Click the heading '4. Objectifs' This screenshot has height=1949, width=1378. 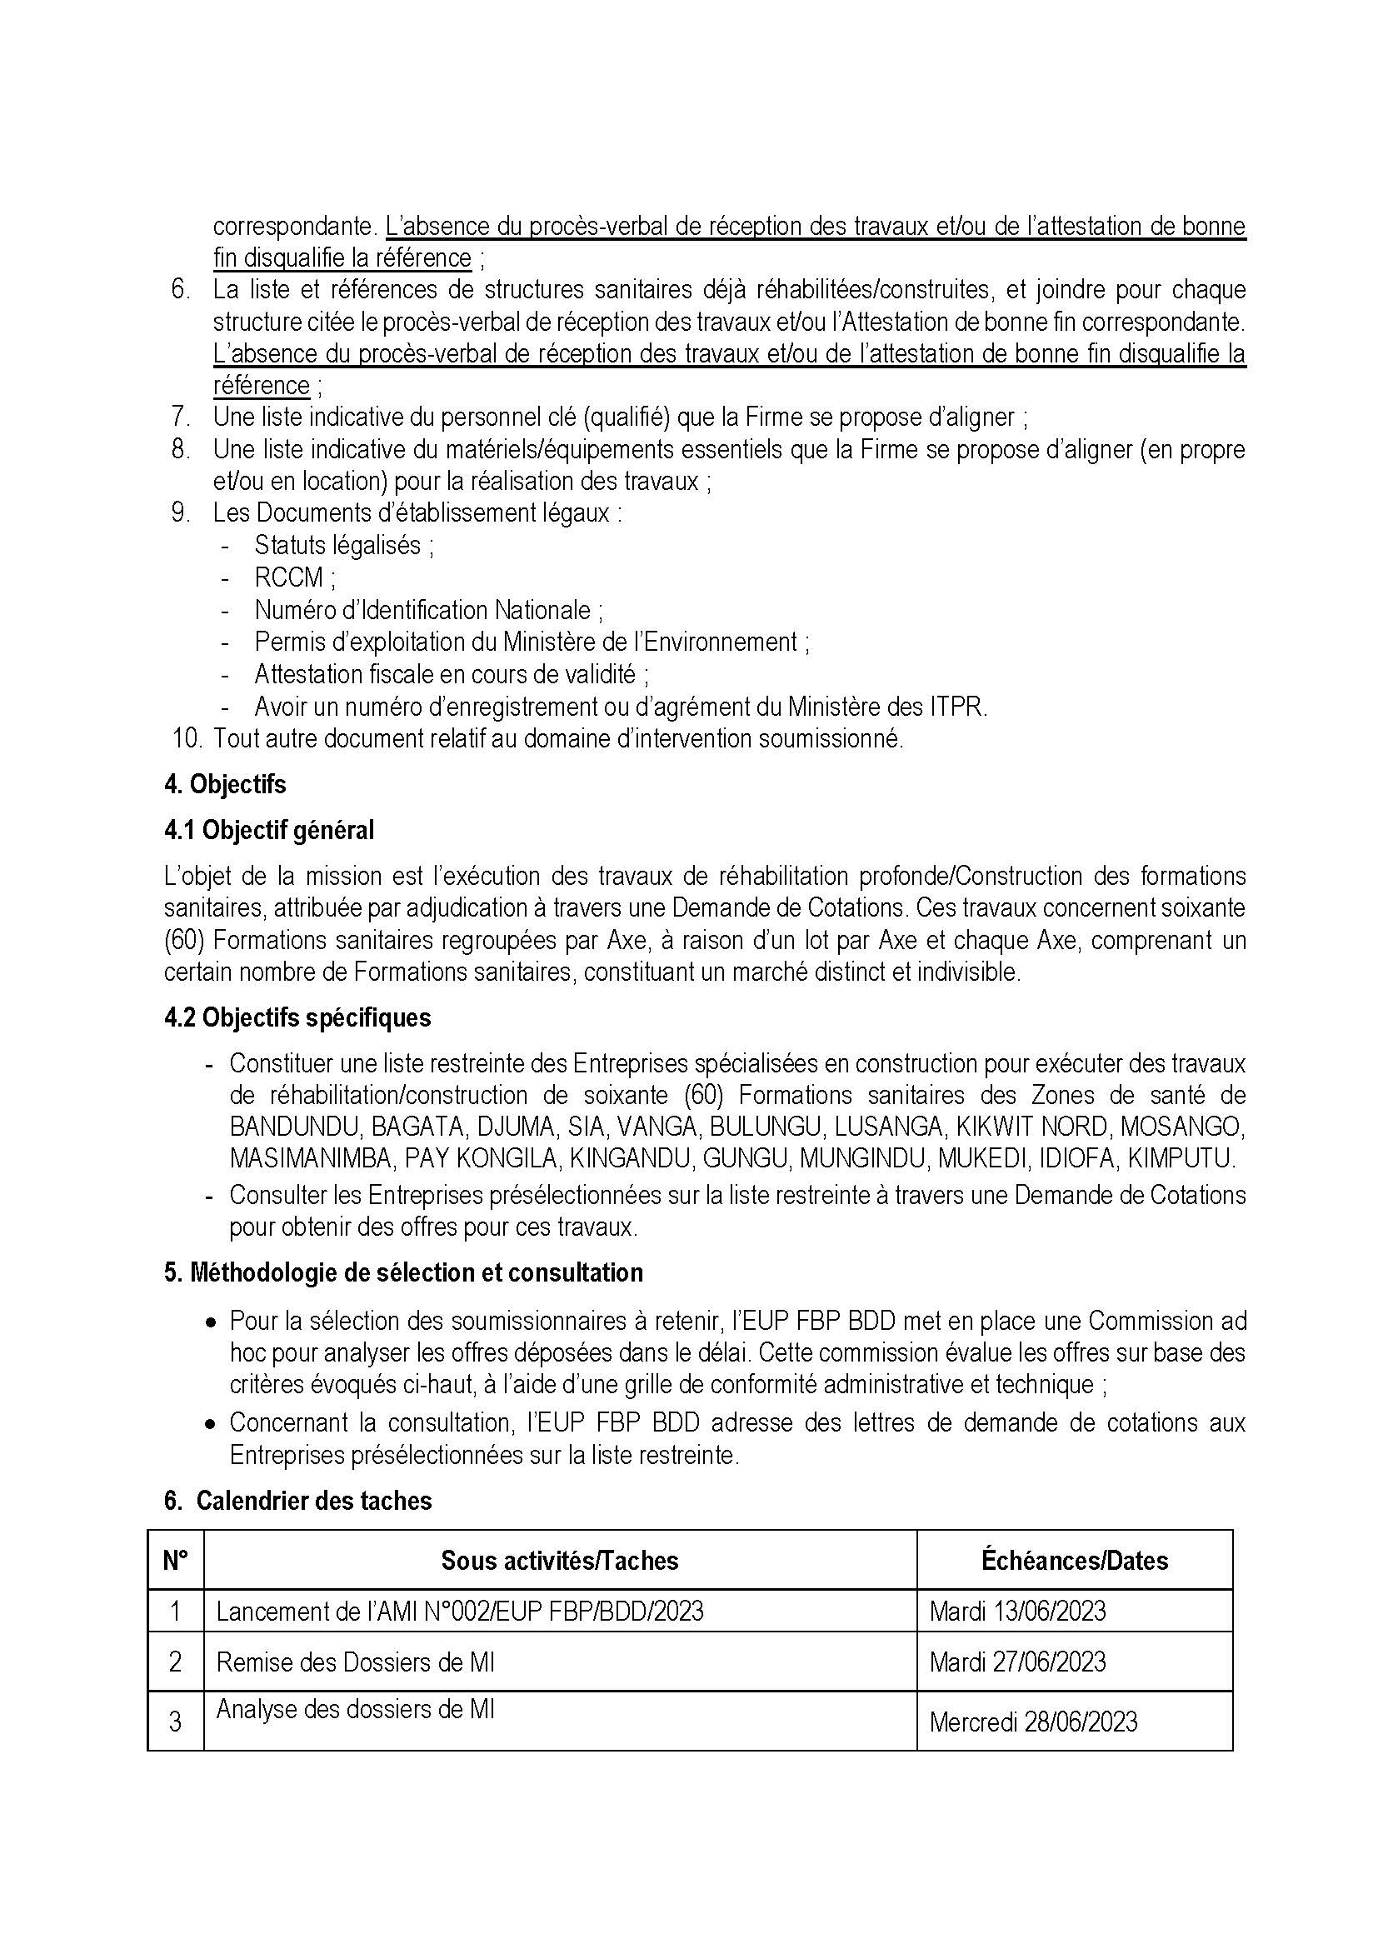click(x=225, y=784)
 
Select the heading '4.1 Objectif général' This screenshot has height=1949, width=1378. click(x=269, y=830)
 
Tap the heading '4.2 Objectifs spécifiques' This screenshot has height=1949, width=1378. click(x=297, y=1017)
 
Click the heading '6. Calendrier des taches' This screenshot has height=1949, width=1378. click(x=297, y=1501)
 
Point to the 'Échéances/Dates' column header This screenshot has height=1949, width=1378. click(x=1074, y=1560)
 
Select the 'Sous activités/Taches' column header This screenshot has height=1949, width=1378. click(x=559, y=1560)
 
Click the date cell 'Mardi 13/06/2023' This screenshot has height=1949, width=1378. click(x=1017, y=1612)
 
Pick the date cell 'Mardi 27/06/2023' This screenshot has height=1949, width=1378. click(x=1017, y=1662)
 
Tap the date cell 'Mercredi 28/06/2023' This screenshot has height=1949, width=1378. click(x=1032, y=1722)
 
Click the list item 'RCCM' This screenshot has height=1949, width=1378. click(x=288, y=577)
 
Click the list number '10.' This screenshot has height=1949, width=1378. click(x=187, y=738)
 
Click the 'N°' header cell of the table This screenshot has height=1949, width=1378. click(x=176, y=1560)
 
